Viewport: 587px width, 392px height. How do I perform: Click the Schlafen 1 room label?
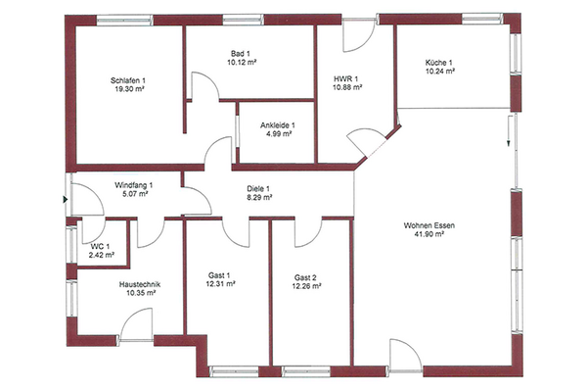(x=128, y=80)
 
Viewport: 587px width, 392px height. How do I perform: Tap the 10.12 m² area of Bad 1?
(x=242, y=63)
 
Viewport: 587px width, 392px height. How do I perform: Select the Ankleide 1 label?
(x=278, y=125)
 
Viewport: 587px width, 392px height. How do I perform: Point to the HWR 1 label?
(x=346, y=79)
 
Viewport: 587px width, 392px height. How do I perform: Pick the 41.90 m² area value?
(x=429, y=234)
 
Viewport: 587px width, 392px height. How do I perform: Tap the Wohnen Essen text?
(x=429, y=225)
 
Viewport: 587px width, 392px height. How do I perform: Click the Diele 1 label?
(x=258, y=189)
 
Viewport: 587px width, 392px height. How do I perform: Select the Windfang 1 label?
(x=134, y=185)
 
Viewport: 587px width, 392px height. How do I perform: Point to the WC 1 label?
(x=101, y=247)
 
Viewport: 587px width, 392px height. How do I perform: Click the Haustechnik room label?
(x=140, y=284)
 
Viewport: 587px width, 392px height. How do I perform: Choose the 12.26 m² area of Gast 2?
(x=306, y=286)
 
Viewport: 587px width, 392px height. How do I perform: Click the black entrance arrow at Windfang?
(x=66, y=200)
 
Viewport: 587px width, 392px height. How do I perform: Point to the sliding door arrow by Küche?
(x=509, y=130)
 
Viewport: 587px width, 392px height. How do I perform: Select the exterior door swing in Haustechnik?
(x=137, y=324)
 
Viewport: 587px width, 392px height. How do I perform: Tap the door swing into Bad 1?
(x=205, y=86)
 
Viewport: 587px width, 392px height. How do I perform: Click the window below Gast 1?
(x=234, y=371)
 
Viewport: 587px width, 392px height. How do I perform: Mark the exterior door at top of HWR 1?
(x=359, y=35)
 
